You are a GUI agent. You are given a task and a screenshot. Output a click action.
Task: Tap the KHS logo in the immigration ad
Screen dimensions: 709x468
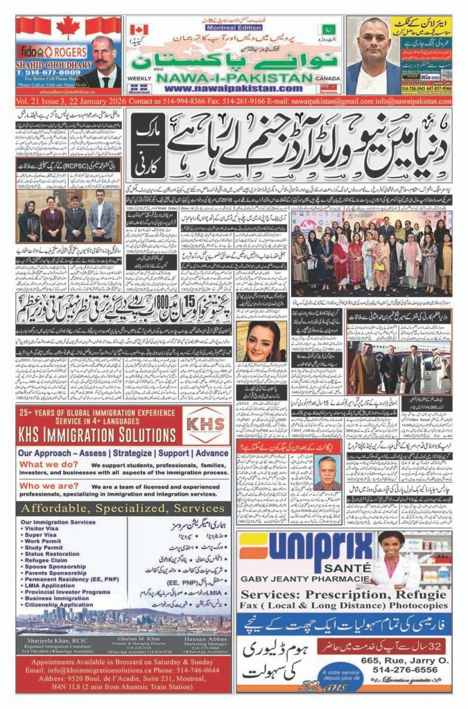tap(207, 424)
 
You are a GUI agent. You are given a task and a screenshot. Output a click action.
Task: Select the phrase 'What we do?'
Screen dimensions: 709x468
tap(48, 465)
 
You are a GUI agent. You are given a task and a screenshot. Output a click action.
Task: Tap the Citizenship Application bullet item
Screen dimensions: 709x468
tap(58, 604)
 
